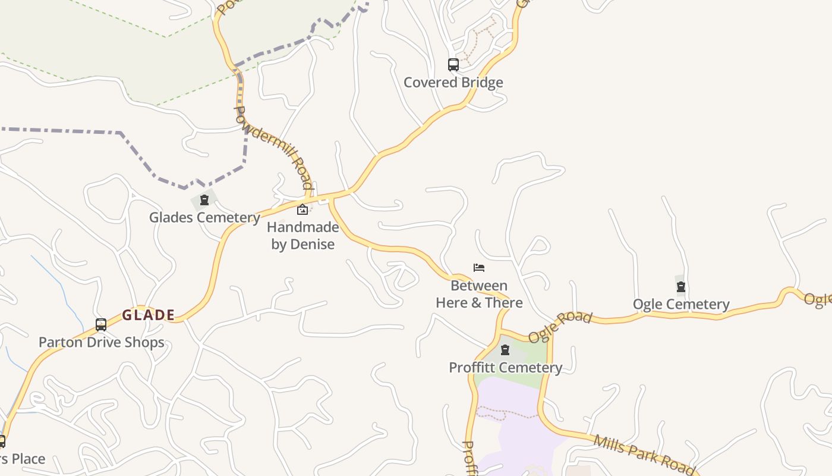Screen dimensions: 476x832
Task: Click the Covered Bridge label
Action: point(453,82)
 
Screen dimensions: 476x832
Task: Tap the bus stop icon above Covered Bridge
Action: point(453,64)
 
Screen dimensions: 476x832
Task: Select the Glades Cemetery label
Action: point(204,217)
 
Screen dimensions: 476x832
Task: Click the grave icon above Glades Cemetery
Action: point(204,200)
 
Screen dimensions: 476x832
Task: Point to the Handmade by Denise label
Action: point(303,236)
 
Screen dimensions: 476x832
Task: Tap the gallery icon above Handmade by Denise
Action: point(302,209)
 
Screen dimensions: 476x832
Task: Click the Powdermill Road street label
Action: point(273,148)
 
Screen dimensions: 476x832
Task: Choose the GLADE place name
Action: point(149,315)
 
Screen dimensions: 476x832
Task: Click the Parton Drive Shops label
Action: point(101,342)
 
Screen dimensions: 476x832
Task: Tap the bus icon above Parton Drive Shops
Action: point(101,325)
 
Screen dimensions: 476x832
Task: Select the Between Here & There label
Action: point(479,294)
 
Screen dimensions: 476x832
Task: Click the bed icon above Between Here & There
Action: point(479,268)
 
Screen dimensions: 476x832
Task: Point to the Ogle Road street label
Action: point(560,327)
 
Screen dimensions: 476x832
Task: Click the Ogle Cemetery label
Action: point(681,304)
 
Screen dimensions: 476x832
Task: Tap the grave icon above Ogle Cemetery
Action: point(681,287)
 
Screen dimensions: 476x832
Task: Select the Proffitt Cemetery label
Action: point(505,367)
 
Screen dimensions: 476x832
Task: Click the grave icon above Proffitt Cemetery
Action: point(505,350)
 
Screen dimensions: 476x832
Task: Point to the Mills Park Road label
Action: point(644,455)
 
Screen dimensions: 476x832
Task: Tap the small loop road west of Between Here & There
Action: point(404,275)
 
